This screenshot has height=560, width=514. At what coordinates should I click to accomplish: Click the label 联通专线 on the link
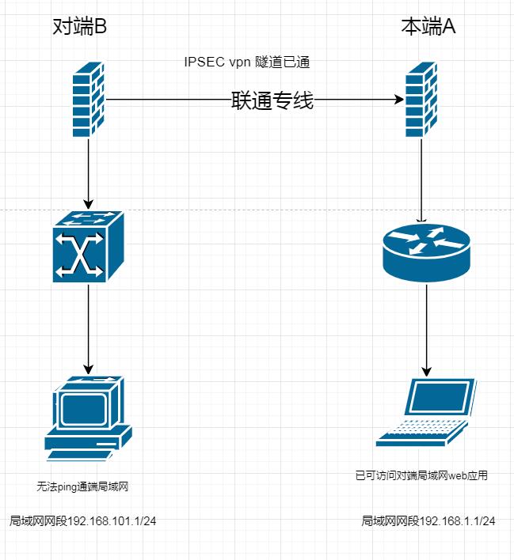tap(272, 101)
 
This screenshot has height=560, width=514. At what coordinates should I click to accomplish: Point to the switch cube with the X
tap(88, 248)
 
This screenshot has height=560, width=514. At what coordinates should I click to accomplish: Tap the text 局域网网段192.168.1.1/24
tap(428, 521)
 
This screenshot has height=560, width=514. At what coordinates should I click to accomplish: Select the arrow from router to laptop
tap(428, 328)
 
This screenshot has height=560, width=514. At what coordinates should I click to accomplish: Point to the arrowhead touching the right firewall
tap(398, 100)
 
